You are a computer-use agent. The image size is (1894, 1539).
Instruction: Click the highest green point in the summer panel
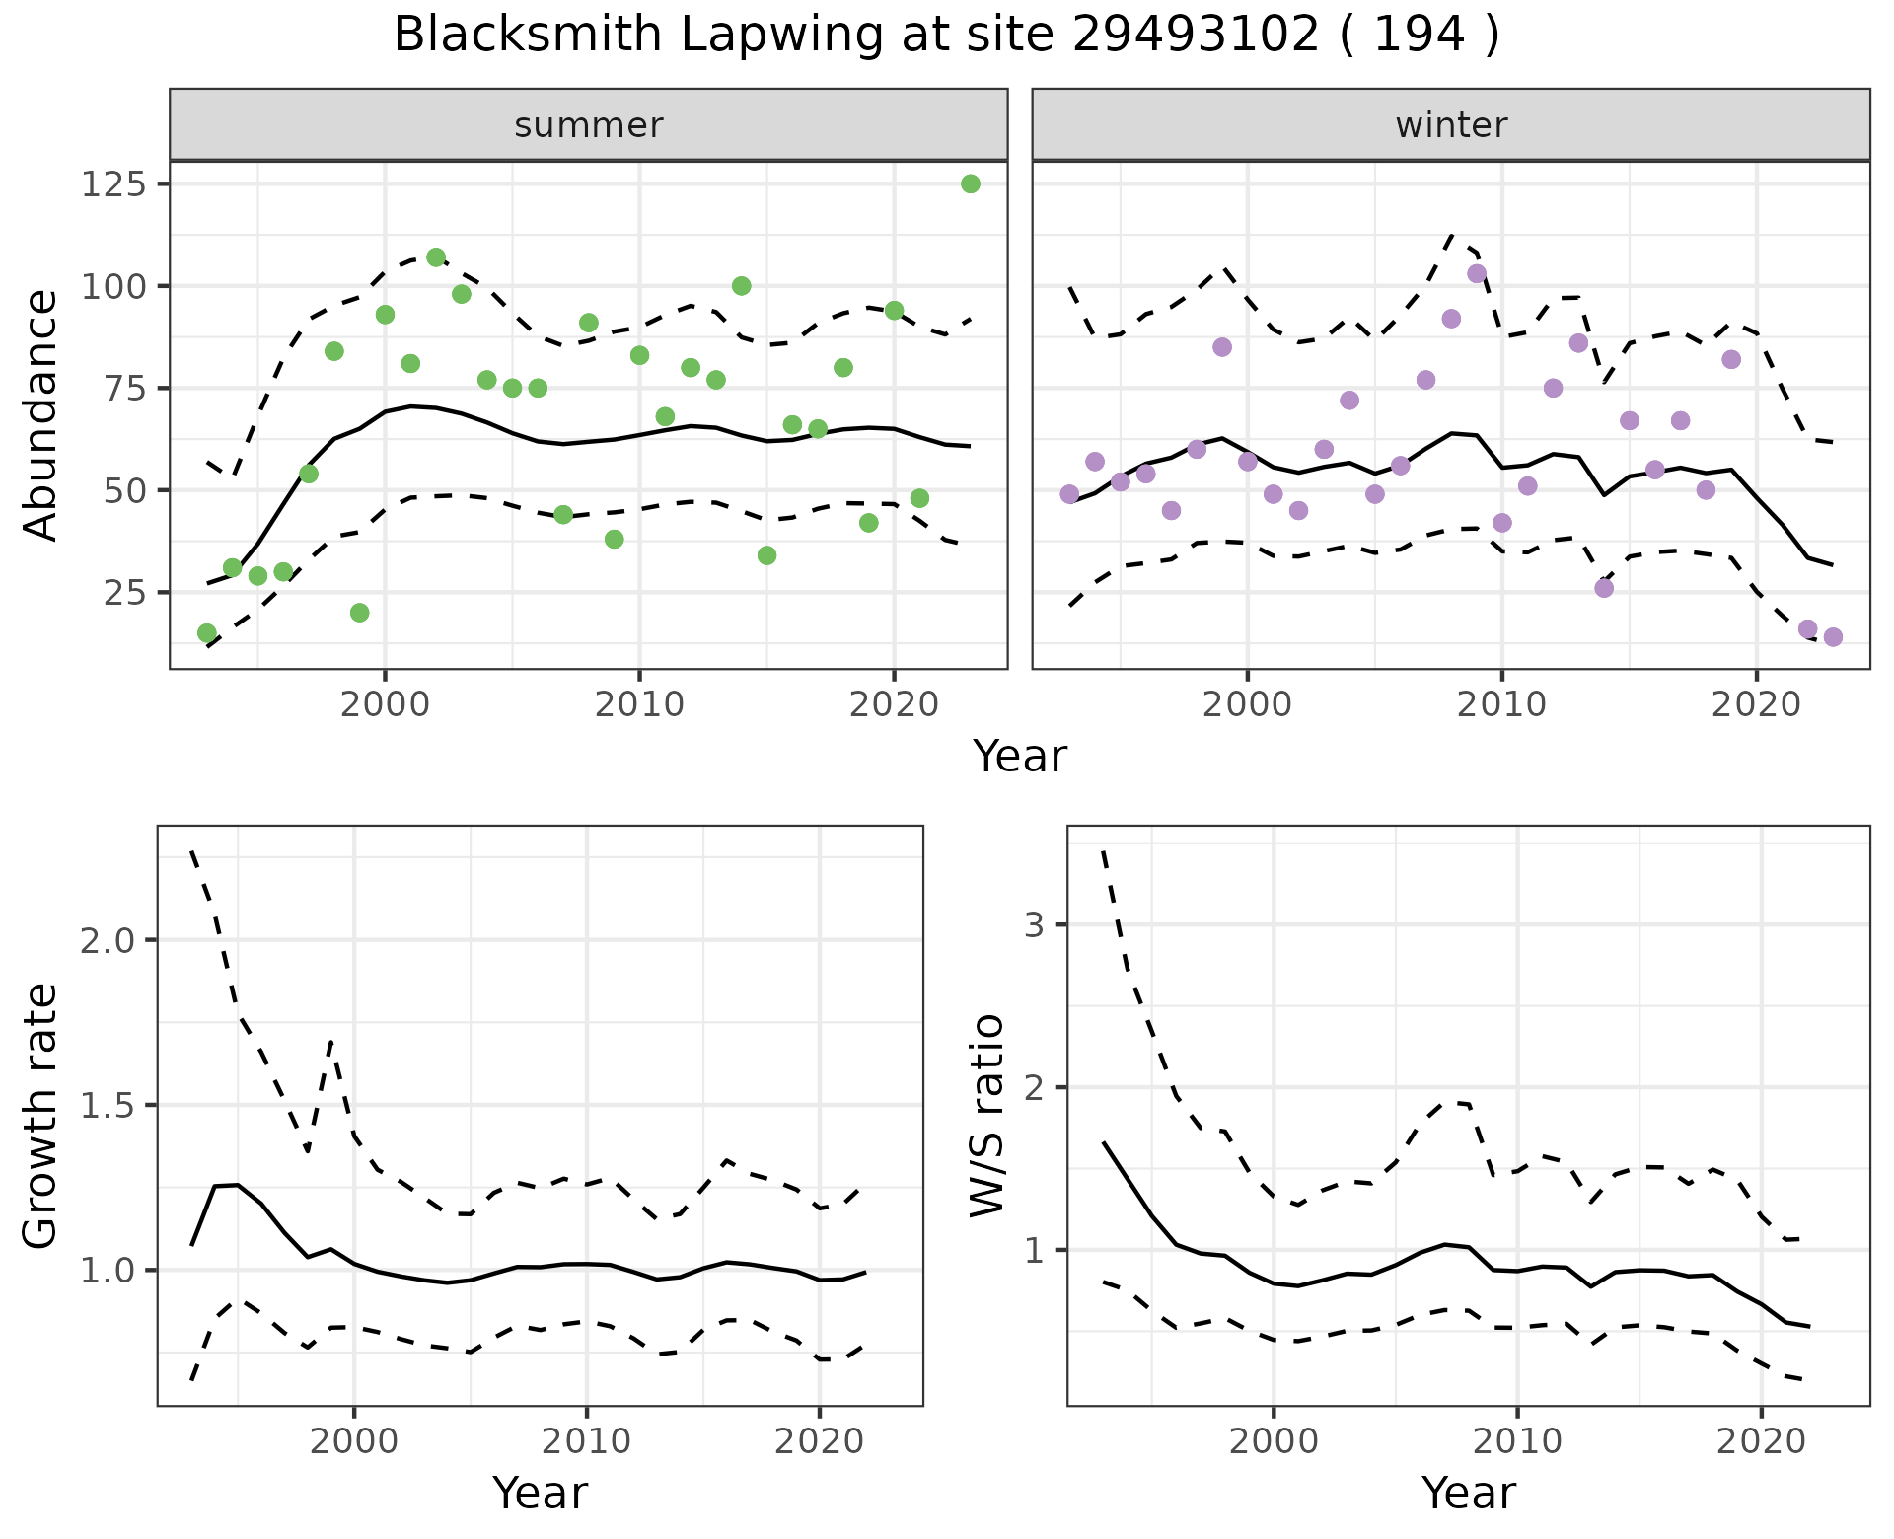pyautogui.click(x=970, y=184)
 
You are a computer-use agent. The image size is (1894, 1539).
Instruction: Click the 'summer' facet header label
pyautogui.click(x=589, y=125)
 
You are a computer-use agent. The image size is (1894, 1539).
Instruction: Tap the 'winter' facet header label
pyautogui.click(x=1451, y=125)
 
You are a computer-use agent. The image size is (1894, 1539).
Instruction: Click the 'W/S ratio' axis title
pyautogui.click(x=986, y=1116)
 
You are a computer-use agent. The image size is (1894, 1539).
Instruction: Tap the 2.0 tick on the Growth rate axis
pyautogui.click(x=107, y=940)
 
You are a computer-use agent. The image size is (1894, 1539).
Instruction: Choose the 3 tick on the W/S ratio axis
pyautogui.click(x=1033, y=925)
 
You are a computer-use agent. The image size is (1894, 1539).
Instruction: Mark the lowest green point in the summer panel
pyautogui.click(x=207, y=633)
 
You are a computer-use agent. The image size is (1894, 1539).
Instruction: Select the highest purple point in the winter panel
pyautogui.click(x=1477, y=274)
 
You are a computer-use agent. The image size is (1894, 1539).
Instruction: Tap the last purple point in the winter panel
pyautogui.click(x=1833, y=637)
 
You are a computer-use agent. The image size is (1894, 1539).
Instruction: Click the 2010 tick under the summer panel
pyautogui.click(x=639, y=704)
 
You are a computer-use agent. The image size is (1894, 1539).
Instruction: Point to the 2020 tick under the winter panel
pyautogui.click(x=1756, y=704)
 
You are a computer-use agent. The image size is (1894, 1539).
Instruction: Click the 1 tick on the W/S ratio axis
pyautogui.click(x=1033, y=1251)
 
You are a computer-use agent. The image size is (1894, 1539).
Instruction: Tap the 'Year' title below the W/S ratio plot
pyautogui.click(x=1468, y=1493)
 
